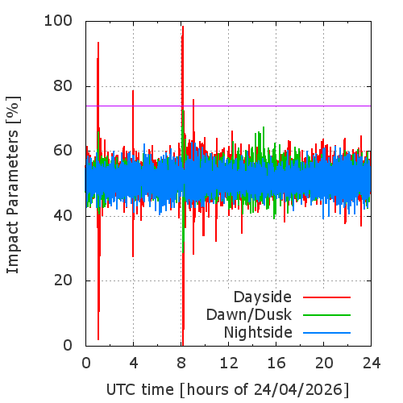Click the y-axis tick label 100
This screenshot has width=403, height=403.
point(58,21)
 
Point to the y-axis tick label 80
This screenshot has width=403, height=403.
point(63,86)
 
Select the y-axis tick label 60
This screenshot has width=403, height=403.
point(63,151)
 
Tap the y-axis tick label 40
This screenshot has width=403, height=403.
point(63,216)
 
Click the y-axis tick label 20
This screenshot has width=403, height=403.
point(63,280)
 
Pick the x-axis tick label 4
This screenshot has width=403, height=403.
point(134,364)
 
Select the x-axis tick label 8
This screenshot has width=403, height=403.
point(181,364)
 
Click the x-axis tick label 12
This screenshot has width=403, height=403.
point(229,364)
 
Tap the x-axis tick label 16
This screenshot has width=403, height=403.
point(276,364)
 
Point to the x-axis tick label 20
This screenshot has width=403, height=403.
point(324,364)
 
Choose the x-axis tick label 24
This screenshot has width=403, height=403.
point(372,364)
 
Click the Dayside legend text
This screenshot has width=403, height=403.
point(263,297)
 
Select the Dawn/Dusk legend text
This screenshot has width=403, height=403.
point(249,314)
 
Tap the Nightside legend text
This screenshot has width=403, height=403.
point(258,332)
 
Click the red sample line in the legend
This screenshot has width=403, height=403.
point(326,297)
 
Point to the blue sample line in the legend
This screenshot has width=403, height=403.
point(326,333)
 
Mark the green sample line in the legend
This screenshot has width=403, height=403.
point(326,315)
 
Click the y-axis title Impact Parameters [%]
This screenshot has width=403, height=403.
point(13,185)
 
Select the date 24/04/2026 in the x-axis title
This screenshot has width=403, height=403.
point(297,389)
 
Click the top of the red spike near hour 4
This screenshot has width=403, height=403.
point(133,90)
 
